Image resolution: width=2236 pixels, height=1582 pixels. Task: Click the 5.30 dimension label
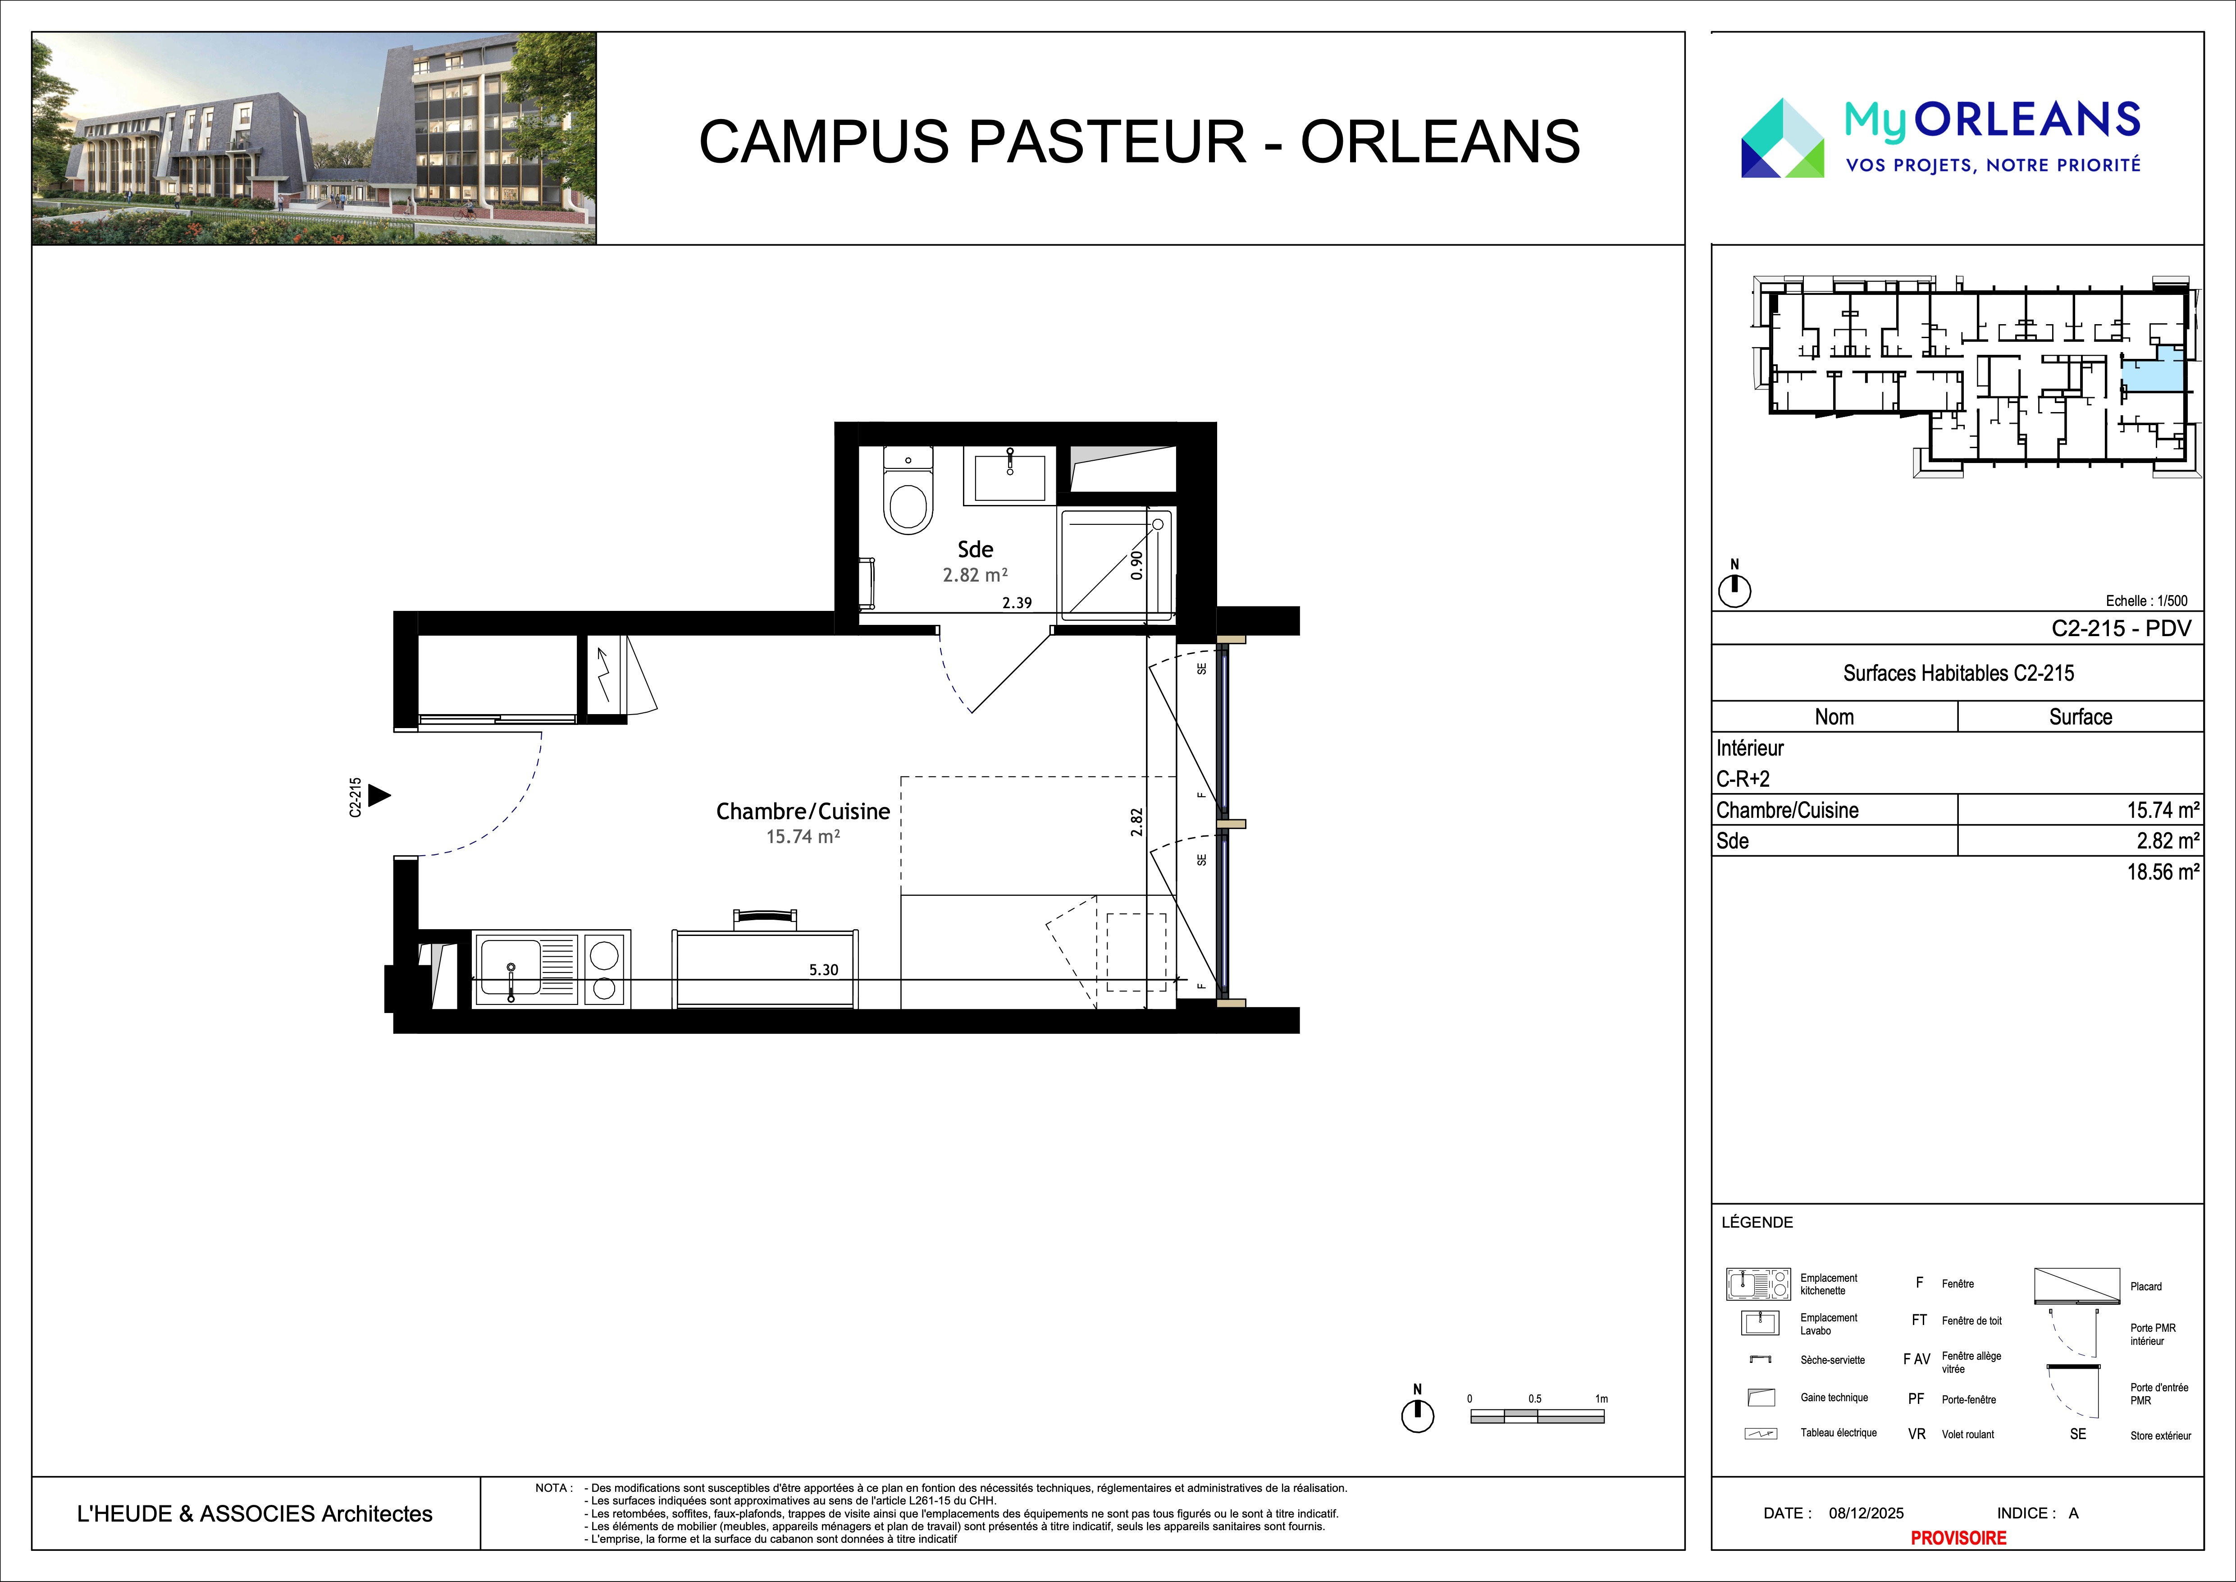823,969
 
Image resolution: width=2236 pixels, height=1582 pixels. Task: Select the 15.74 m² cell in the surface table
2162,810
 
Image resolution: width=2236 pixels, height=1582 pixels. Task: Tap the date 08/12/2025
1866,1513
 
